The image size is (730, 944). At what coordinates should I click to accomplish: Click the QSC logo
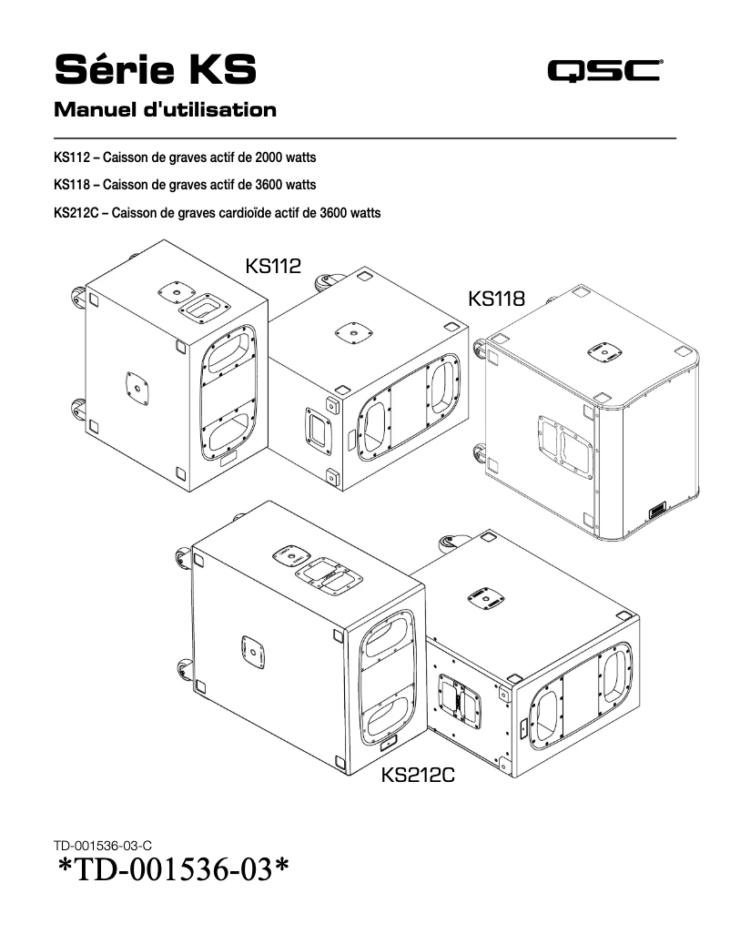[x=604, y=70]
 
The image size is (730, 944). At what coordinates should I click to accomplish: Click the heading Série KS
[x=155, y=68]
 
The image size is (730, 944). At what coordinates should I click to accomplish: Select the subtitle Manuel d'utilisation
[x=165, y=110]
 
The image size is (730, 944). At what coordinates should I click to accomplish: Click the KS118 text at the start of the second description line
[x=72, y=185]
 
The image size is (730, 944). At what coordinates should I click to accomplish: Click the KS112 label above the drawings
[x=273, y=265]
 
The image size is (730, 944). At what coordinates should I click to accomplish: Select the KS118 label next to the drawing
[x=496, y=299]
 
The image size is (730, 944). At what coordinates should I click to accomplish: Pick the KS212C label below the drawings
[x=418, y=776]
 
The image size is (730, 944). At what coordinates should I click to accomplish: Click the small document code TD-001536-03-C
[x=109, y=847]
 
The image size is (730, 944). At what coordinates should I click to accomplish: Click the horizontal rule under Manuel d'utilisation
[x=365, y=137]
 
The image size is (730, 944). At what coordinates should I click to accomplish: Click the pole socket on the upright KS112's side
[x=136, y=387]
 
